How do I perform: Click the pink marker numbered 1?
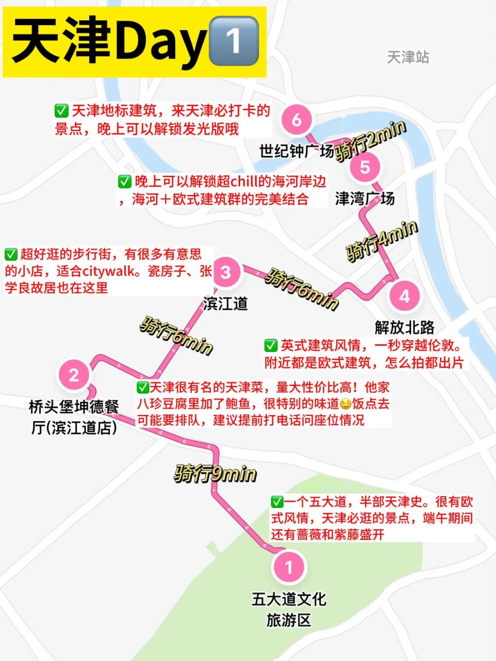[289, 567]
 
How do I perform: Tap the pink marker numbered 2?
[73, 375]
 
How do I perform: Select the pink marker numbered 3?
[225, 272]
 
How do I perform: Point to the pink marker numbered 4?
[404, 296]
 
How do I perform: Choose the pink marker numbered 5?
[365, 167]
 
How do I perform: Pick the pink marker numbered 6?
[297, 120]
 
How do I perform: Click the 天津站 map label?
[408, 57]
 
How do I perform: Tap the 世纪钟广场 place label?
[296, 151]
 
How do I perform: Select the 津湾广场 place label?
[365, 199]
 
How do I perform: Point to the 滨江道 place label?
[225, 303]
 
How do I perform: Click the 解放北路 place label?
[404, 327]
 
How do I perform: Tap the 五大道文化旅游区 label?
[289, 609]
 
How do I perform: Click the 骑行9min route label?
[215, 474]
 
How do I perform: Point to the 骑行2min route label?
[371, 140]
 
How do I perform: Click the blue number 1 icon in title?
[234, 41]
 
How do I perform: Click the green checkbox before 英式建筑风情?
[271, 345]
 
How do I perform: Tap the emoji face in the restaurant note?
[345, 404]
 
